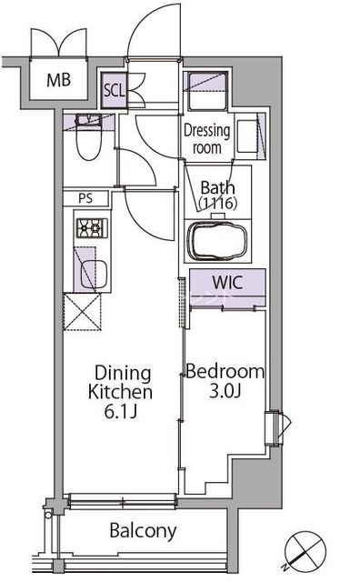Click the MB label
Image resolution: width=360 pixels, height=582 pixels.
(59, 80)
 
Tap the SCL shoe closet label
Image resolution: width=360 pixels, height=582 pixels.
(114, 90)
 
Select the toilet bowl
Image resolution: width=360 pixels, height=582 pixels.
(89, 137)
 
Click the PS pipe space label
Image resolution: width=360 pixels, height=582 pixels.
(85, 198)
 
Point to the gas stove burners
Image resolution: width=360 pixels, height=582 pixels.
(92, 227)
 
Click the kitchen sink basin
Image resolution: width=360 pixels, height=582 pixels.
(94, 275)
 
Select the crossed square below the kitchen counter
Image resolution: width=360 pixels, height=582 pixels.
(82, 312)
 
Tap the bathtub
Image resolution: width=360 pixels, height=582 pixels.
(217, 241)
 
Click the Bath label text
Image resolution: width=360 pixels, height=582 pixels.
(217, 188)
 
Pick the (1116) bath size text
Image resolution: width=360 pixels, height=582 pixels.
(218, 203)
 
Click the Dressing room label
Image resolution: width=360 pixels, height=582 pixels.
(207, 139)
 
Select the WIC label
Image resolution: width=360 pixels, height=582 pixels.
(227, 283)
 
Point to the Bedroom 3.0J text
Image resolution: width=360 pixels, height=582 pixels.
(225, 381)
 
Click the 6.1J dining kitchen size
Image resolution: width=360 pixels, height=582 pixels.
(121, 412)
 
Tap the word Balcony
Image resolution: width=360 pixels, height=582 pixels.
(143, 531)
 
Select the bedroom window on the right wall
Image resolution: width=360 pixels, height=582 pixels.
(276, 428)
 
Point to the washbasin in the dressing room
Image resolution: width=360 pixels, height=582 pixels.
(247, 136)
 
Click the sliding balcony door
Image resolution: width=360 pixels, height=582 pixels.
(122, 500)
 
